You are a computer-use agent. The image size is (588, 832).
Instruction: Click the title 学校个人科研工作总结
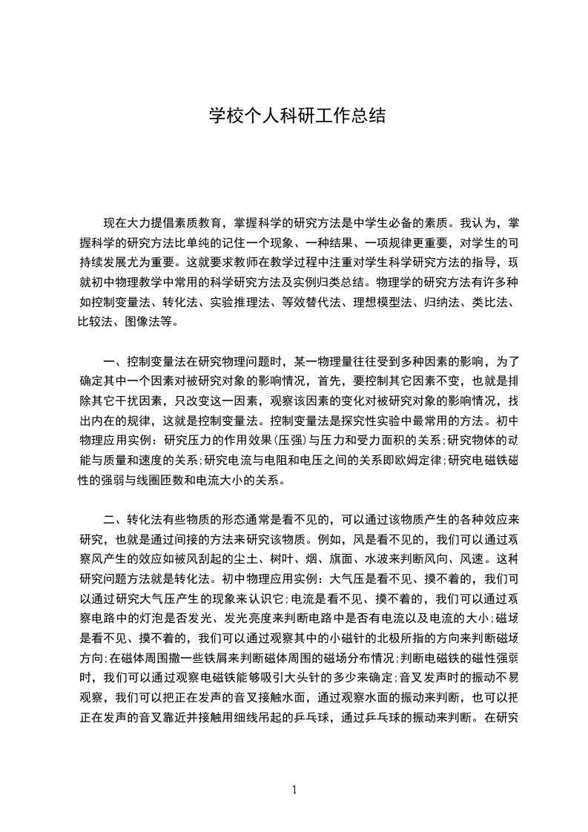[294, 116]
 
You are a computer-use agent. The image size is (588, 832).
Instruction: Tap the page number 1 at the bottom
[294, 789]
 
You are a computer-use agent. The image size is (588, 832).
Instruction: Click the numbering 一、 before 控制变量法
[113, 363]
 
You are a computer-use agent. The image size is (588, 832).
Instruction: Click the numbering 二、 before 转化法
[113, 517]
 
